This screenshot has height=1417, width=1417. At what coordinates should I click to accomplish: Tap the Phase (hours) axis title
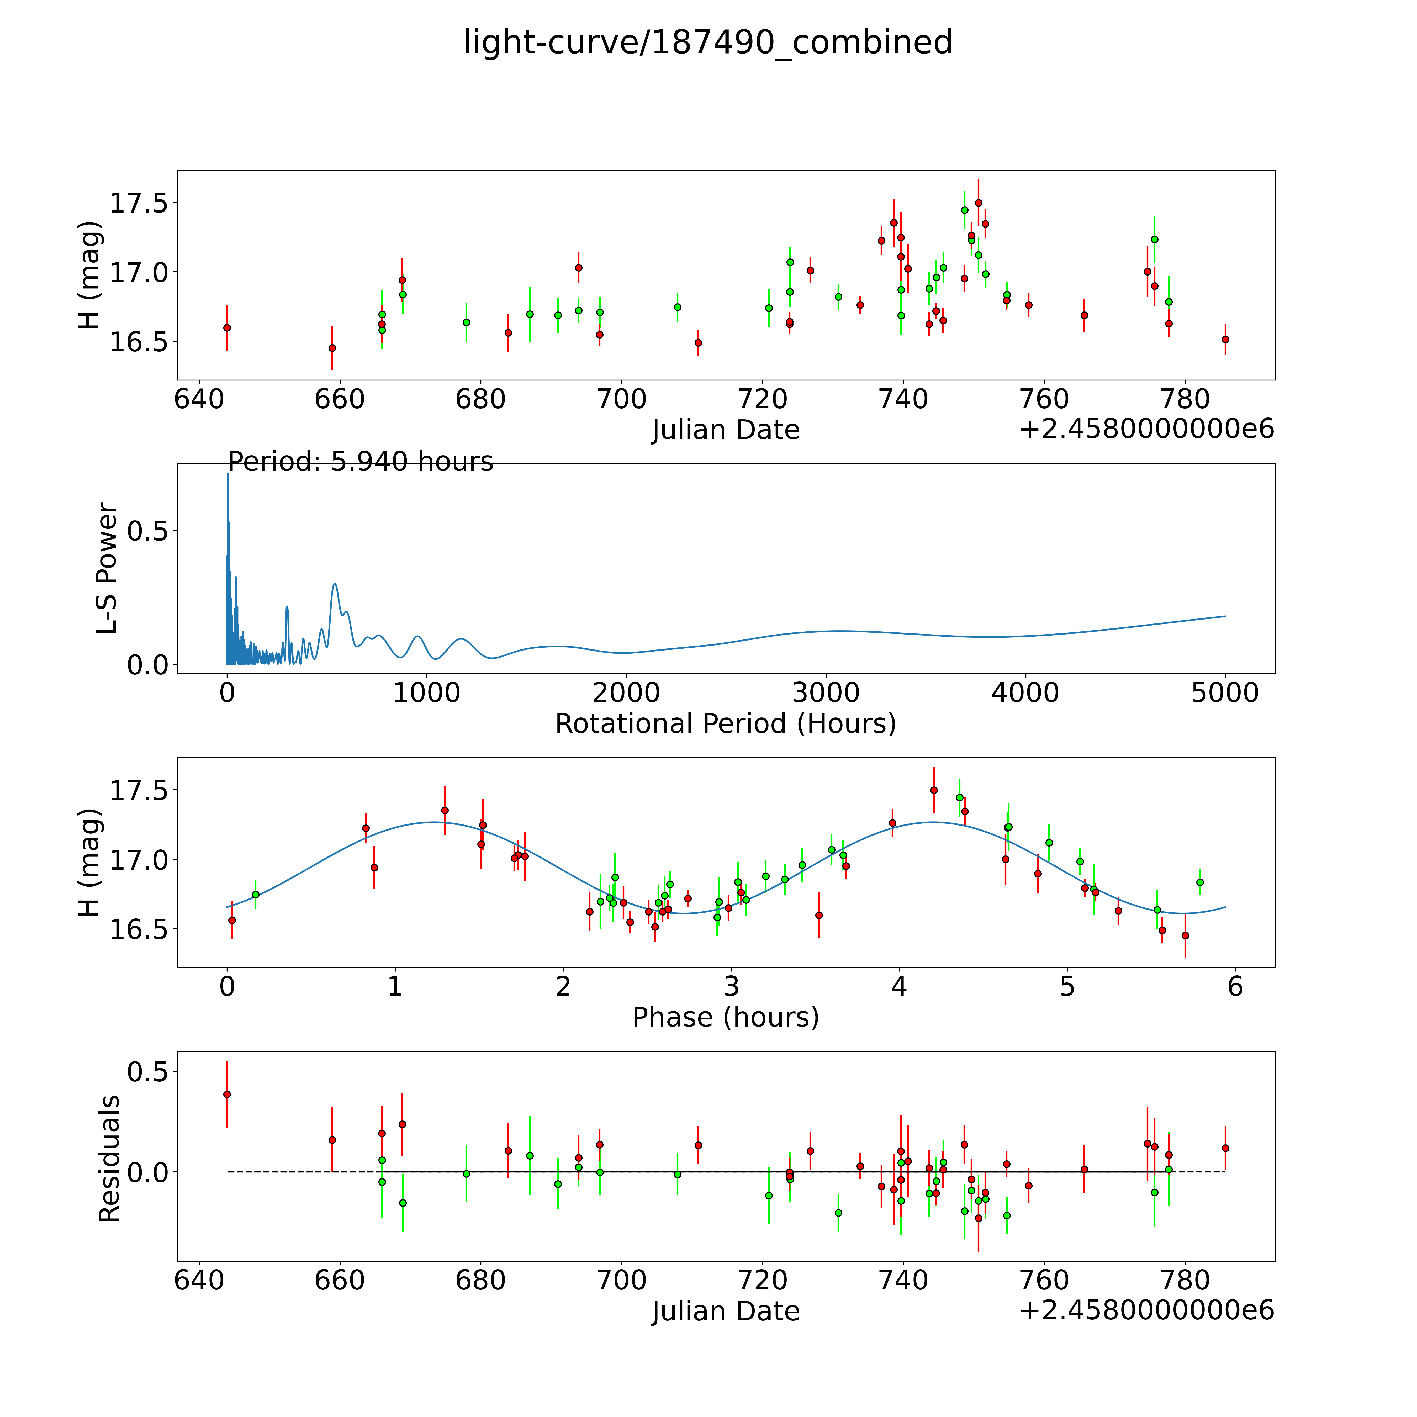point(725,1017)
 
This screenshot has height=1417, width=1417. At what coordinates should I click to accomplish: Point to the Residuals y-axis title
point(109,1159)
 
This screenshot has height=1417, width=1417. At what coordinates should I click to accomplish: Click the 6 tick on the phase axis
point(1235,986)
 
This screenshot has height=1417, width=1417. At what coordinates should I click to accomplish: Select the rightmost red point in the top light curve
point(1225,339)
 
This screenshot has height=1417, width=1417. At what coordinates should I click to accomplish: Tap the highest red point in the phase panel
point(934,790)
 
